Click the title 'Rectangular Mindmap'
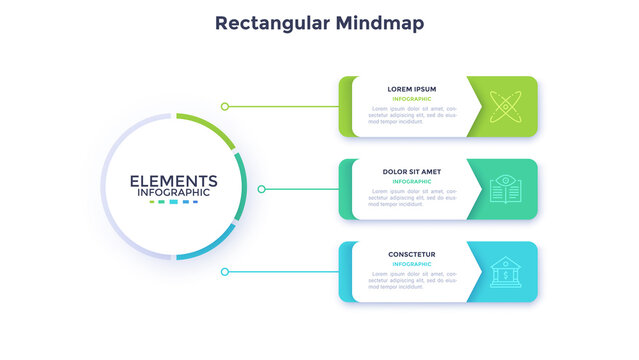pos(319,22)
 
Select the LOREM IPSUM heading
pos(412,89)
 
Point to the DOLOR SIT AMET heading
pos(412,172)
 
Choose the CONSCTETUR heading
pos(412,254)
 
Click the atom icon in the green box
pos(506,106)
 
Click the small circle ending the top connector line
pos(225,106)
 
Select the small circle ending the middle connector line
pos(262,188)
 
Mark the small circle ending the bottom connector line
pos(225,271)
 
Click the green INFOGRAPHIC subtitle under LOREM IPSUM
pos(412,99)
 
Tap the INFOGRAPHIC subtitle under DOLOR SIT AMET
pos(412,182)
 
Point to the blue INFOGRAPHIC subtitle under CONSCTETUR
pos(412,264)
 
